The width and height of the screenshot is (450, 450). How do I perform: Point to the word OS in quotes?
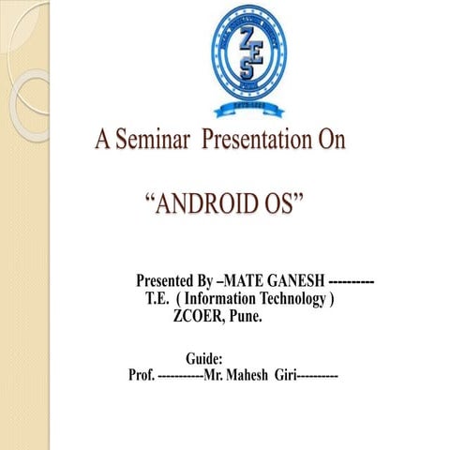tap(282, 202)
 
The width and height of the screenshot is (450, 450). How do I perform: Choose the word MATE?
tap(236, 281)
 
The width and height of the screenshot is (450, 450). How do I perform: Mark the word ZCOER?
tap(194, 317)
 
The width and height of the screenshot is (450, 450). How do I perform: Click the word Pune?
tap(246, 317)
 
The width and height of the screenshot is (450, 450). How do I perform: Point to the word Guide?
tap(203, 358)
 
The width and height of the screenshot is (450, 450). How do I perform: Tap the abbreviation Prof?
tap(142, 376)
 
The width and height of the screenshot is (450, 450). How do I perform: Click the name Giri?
tap(284, 376)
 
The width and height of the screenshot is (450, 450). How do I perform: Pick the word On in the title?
tap(329, 141)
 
